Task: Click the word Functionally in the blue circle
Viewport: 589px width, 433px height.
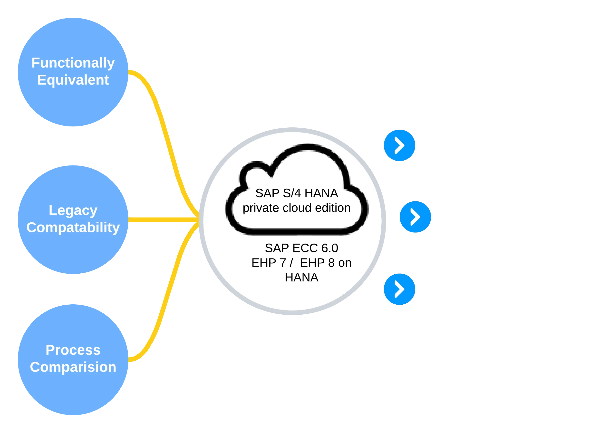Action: pos(73,63)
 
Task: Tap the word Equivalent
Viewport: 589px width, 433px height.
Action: pos(73,80)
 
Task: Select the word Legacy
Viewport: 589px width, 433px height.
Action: pos(73,210)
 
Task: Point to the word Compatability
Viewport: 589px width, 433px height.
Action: pos(73,227)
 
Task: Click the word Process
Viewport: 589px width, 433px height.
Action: pos(73,350)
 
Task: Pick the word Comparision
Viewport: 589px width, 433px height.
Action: pos(73,367)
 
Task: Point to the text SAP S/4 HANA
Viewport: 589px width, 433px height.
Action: pos(297,193)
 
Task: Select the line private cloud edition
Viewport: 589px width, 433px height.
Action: pos(297,208)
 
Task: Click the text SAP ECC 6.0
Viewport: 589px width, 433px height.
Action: pos(301,248)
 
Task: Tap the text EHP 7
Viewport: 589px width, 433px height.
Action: pos(269,263)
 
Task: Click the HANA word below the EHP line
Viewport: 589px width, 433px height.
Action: pos(301,277)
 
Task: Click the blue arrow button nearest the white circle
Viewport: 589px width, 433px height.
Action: pos(415,217)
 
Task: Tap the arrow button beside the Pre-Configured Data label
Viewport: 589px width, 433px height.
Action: pos(400,145)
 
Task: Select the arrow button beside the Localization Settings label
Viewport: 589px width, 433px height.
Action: pos(400,289)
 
